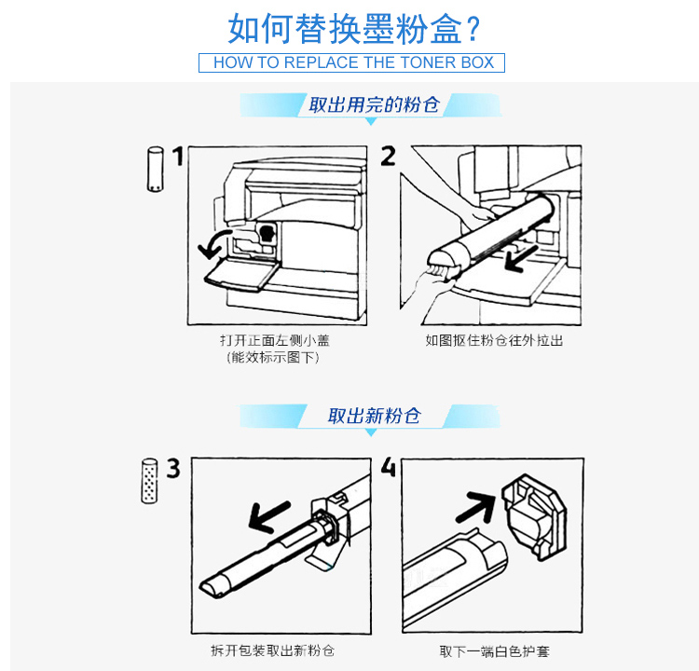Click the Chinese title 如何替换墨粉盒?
point(353,29)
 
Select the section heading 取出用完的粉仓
point(374,104)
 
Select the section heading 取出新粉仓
point(374,416)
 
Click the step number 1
point(178,156)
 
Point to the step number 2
point(388,156)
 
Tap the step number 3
point(173,468)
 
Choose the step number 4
point(389,467)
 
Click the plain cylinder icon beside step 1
point(155,170)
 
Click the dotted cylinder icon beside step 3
point(149,481)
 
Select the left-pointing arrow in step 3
point(268,516)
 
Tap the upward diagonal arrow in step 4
point(477,507)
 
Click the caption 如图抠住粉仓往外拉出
point(494,341)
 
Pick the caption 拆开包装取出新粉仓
point(272,650)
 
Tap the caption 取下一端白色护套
point(494,651)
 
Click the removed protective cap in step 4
point(534,516)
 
